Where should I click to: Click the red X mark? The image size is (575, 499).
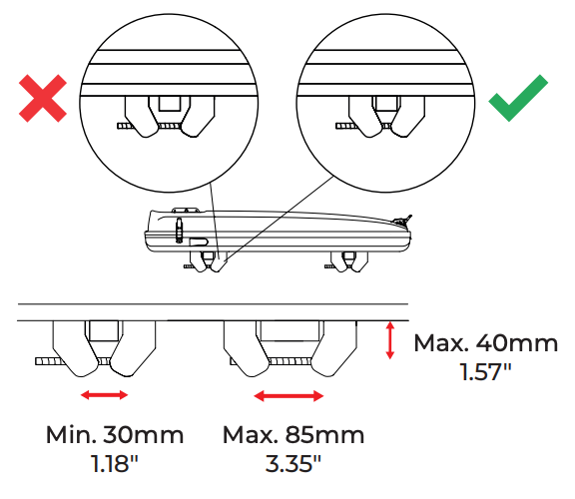click(43, 98)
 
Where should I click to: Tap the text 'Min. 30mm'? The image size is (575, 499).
click(115, 435)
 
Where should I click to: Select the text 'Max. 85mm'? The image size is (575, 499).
click(293, 435)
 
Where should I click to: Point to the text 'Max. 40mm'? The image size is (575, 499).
click(486, 343)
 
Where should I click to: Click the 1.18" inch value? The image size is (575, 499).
click(115, 463)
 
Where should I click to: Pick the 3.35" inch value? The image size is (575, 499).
click(293, 463)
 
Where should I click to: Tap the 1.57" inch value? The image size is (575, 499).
click(486, 372)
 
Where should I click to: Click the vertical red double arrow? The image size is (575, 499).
click(390, 340)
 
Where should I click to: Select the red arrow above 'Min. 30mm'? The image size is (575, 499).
click(104, 395)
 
